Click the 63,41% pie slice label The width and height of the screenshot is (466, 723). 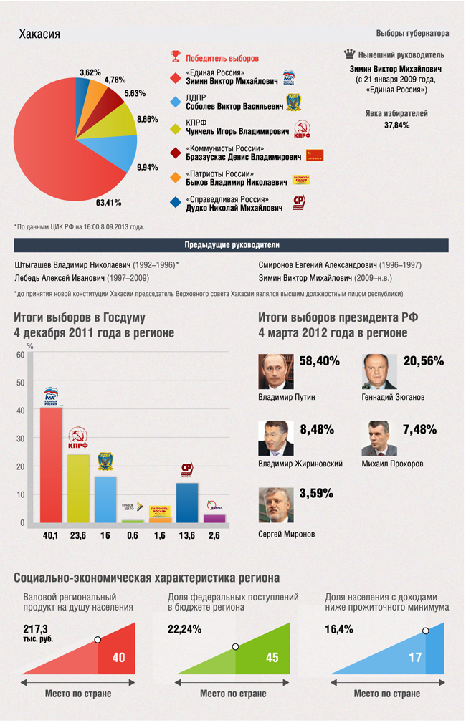click(109, 203)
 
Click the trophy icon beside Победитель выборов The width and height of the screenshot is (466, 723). click(175, 57)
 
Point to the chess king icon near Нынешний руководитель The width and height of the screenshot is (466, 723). click(349, 54)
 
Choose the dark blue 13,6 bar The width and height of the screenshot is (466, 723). click(187, 502)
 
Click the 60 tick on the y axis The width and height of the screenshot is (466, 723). click(20, 355)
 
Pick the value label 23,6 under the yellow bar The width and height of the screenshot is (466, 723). click(78, 535)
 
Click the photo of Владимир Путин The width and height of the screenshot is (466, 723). click(276, 372)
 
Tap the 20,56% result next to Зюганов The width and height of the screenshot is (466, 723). click(424, 362)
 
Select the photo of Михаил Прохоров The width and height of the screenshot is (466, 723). click(379, 439)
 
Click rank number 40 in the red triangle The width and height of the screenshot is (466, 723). click(118, 657)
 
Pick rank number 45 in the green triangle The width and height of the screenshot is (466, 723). click(272, 657)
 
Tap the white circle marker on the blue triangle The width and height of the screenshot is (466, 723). click(426, 631)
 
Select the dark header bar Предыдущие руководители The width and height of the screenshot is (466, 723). click(232, 245)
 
